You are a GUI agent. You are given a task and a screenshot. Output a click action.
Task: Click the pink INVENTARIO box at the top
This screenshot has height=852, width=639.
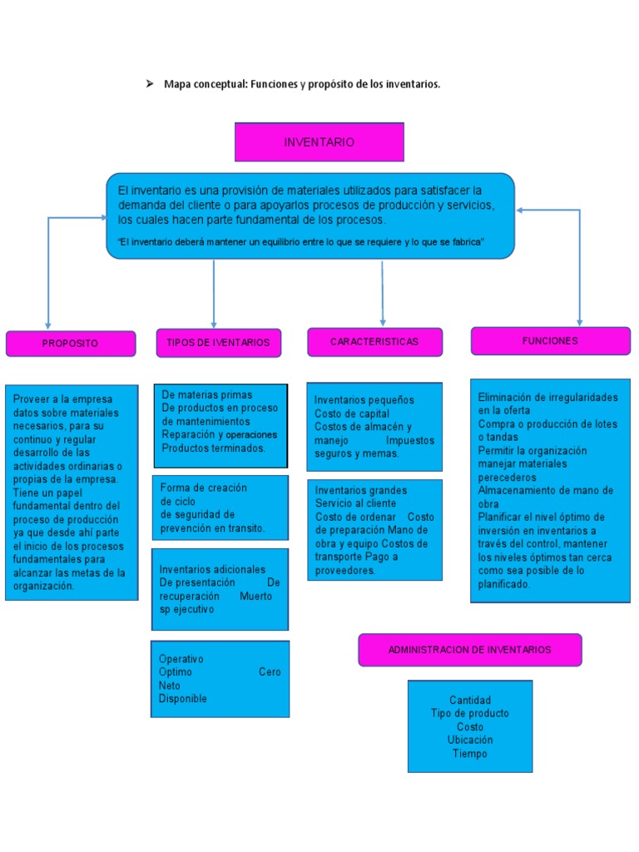click(319, 142)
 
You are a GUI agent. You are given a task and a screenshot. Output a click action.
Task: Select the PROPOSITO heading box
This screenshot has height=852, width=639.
click(71, 344)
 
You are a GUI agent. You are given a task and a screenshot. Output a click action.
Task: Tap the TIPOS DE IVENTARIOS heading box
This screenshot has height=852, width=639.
click(218, 343)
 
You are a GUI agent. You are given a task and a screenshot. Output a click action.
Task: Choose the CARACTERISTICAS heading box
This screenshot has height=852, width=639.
click(374, 342)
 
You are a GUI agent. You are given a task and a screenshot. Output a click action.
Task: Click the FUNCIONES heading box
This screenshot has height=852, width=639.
click(550, 341)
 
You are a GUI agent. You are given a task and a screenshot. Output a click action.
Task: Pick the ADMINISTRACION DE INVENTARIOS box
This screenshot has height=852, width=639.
click(469, 650)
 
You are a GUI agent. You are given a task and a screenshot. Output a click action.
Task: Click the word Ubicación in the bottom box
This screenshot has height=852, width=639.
click(469, 740)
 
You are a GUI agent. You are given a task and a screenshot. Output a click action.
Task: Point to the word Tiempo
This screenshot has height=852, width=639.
click(469, 754)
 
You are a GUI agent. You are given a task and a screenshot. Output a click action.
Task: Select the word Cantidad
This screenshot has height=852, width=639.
click(470, 700)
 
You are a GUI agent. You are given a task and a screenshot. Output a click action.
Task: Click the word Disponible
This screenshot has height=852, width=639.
click(183, 699)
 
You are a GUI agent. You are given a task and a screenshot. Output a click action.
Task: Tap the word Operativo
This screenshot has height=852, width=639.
click(181, 659)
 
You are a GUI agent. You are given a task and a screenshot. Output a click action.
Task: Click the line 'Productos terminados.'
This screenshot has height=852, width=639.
click(214, 448)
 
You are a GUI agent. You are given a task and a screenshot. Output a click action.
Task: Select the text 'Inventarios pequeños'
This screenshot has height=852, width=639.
click(364, 400)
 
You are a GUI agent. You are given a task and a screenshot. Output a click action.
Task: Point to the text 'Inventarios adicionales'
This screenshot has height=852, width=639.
click(213, 569)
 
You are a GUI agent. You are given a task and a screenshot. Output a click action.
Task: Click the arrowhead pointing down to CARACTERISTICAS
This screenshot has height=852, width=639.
click(383, 321)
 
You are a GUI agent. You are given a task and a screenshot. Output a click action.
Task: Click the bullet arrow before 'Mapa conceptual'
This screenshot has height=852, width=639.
click(150, 84)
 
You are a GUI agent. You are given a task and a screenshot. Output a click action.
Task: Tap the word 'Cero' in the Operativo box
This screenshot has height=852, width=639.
click(269, 672)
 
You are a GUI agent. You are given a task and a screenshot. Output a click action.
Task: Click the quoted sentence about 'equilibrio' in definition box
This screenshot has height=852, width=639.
click(301, 242)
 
